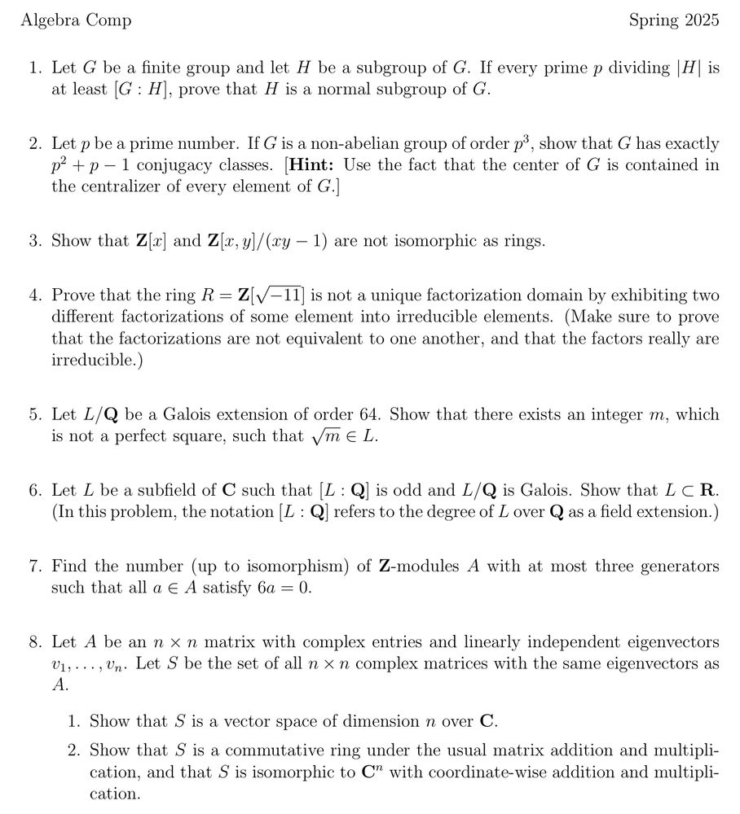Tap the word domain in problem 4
593,295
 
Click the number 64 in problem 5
371,414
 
